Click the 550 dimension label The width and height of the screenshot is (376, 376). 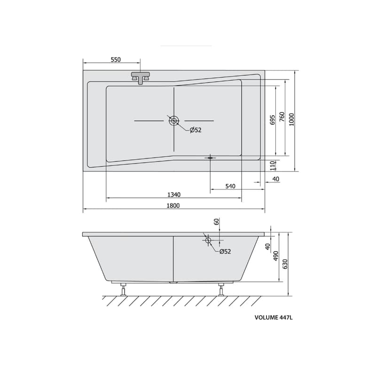tap(116, 60)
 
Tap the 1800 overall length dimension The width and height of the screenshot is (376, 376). tap(173, 205)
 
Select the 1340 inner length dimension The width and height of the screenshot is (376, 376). tap(174, 195)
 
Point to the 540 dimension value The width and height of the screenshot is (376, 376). tap(230, 186)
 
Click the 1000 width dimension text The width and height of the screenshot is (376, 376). tap(291, 119)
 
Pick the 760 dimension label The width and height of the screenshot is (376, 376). tap(282, 117)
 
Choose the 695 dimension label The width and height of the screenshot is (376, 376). tap(273, 120)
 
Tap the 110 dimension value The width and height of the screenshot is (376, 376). tap(273, 165)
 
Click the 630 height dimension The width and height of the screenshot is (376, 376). tap(285, 264)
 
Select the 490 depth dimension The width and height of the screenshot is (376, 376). tap(276, 256)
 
